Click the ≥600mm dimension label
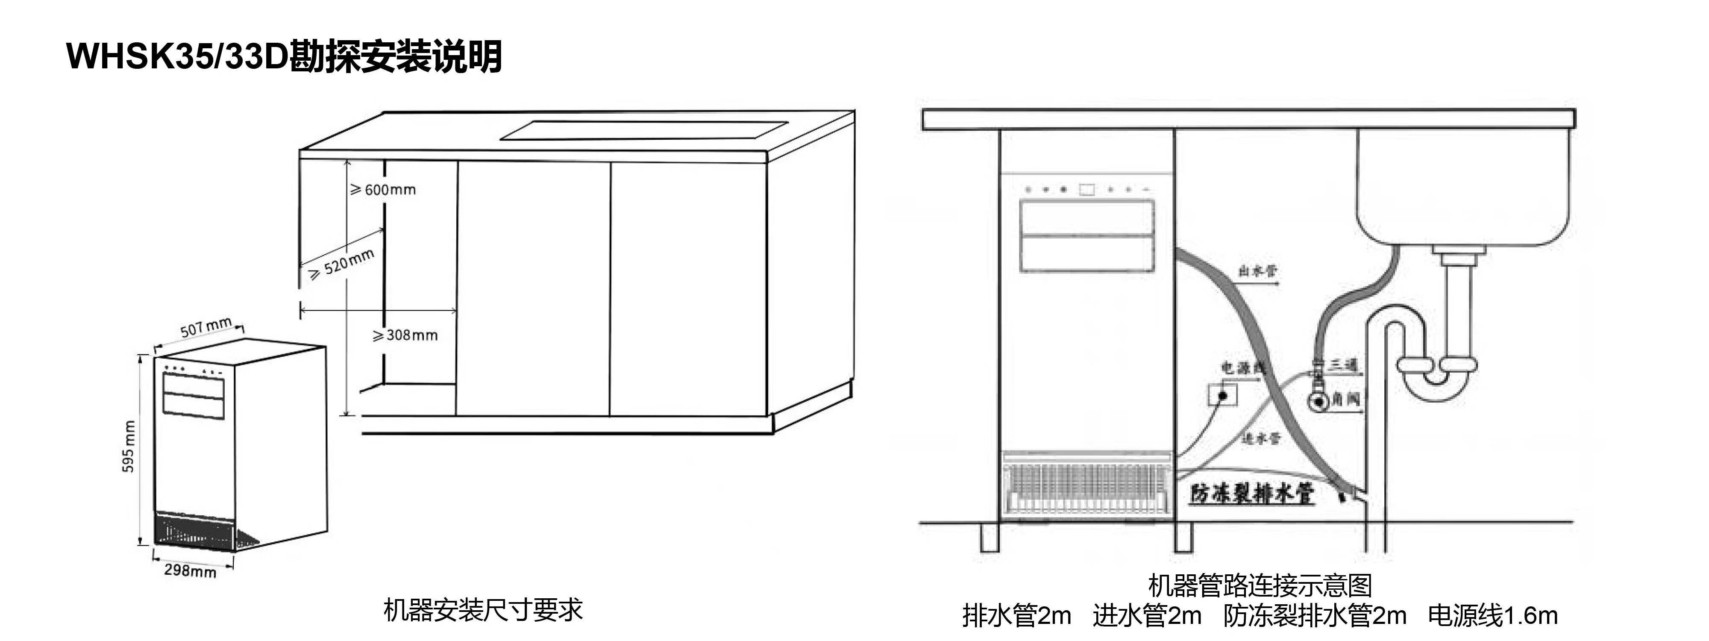[384, 190]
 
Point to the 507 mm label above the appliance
[206, 327]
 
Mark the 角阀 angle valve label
[1345, 398]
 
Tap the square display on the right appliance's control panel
[1086, 190]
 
